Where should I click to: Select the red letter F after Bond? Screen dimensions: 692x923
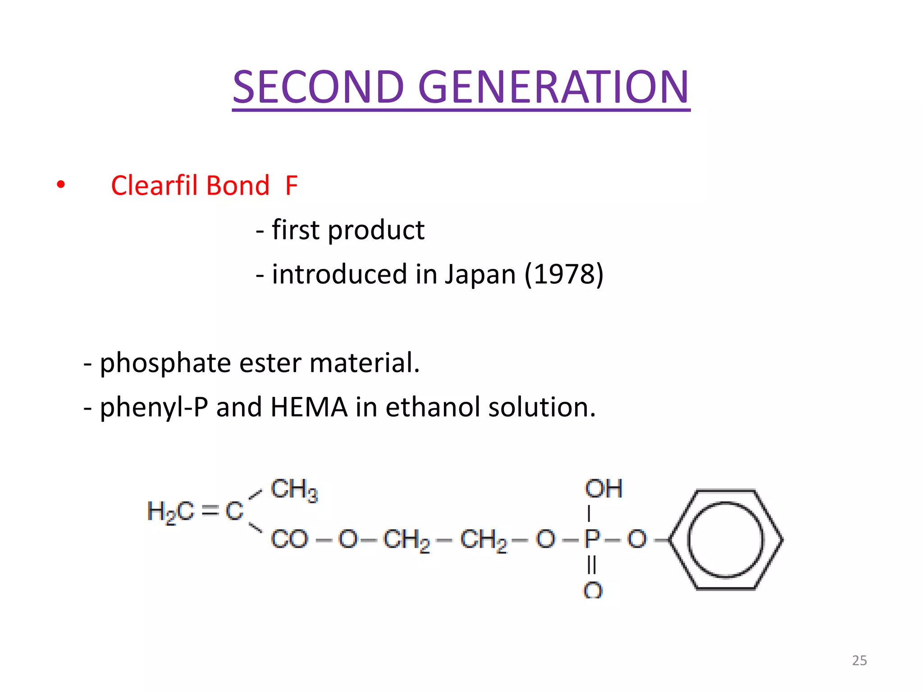292,185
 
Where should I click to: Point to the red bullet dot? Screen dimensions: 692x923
61,184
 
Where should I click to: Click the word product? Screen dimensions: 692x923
376,230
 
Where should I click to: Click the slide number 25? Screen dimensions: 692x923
859,660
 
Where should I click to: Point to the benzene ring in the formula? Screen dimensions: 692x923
726,539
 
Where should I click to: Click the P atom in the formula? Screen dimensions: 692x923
591,538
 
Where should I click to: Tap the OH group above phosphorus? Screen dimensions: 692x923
603,489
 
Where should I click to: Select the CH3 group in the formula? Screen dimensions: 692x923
294,490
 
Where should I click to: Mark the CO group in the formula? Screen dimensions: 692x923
289,539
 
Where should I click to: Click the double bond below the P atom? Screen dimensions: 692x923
592,565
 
